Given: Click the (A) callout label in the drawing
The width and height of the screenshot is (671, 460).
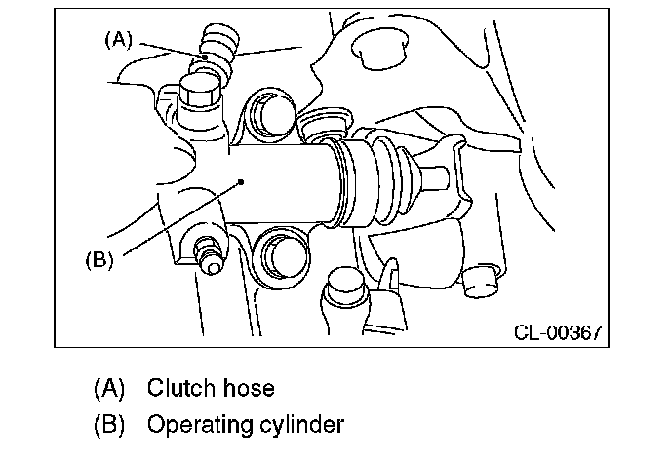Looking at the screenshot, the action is [119, 40].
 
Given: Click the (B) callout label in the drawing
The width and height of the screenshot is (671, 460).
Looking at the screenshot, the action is [99, 260].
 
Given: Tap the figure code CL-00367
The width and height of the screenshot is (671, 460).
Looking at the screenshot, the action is [558, 332].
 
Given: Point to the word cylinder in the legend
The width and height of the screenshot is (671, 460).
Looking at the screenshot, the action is [302, 425].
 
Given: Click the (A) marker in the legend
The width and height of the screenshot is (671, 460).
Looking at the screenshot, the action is [109, 388].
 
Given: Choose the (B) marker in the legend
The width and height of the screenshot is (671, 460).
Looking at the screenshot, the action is [109, 425].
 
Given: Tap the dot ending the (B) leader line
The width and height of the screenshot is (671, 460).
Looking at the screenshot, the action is [241, 182].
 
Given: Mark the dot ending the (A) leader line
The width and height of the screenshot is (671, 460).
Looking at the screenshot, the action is [205, 57].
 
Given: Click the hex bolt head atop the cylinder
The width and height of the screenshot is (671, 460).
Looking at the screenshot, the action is [198, 91].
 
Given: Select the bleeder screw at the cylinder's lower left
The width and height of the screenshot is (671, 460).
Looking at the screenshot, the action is [209, 255].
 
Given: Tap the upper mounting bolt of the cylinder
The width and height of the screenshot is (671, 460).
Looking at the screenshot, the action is [273, 112].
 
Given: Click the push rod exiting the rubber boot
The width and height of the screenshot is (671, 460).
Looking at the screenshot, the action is [433, 176].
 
